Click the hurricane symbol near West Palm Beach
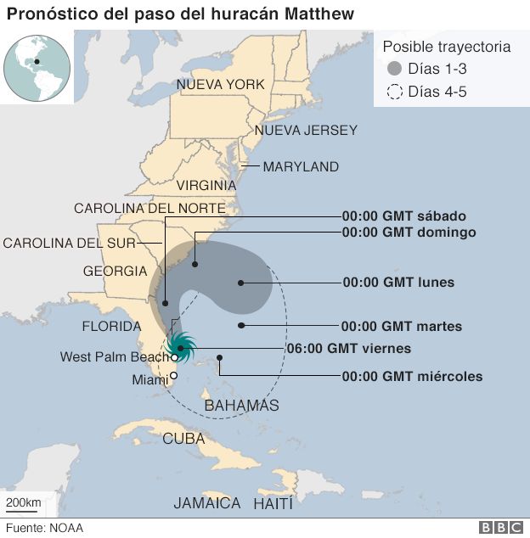click(181, 346)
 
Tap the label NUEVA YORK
click(221, 84)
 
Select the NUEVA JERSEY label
click(306, 131)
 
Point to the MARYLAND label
click(301, 167)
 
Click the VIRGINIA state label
click(206, 185)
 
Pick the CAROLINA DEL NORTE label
click(149, 208)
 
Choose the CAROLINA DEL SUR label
click(70, 243)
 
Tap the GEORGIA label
click(115, 272)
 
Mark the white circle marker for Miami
click(174, 376)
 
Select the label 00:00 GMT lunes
click(398, 283)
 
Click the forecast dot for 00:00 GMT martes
click(242, 325)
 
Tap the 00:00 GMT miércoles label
click(412, 377)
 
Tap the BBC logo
click(501, 528)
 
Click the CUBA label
click(183, 439)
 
